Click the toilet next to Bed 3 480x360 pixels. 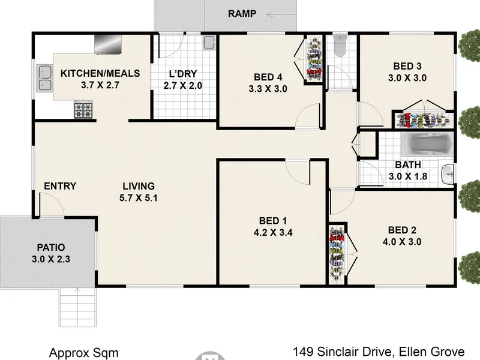pos(340,46)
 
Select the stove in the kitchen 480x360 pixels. pos(83,110)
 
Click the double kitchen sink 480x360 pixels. pos(44,78)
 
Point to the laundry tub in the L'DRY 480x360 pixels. pos(209,43)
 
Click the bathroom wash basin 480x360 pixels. pos(448,175)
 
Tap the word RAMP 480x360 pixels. pos(242,14)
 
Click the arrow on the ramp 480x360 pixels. pos(281,14)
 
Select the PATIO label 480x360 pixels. pos(51,247)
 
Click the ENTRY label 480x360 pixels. pos(60,186)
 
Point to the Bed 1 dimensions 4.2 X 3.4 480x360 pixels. pos(273,233)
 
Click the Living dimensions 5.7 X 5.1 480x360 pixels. pos(139,198)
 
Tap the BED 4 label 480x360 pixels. pos(268,77)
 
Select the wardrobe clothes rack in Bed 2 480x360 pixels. pos(337,254)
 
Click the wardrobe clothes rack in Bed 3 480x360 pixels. pos(423,120)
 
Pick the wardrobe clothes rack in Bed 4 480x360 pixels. pos(314,59)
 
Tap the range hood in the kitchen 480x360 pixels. pos(108,44)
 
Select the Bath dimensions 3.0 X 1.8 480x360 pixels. pos(408,176)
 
